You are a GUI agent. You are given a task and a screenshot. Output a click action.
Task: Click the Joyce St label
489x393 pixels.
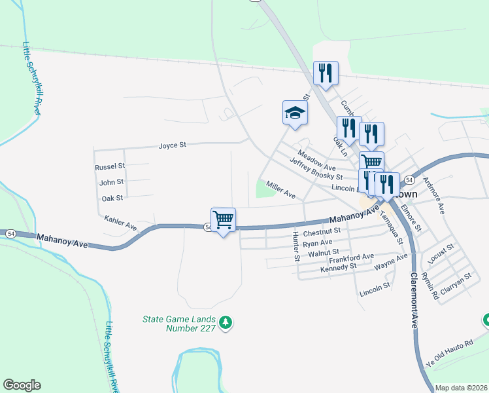173,145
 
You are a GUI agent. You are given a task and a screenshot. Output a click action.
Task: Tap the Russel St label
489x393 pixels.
110,167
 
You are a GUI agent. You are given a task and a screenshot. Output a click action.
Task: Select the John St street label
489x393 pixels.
111,181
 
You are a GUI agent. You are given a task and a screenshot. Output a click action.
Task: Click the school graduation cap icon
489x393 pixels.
295,113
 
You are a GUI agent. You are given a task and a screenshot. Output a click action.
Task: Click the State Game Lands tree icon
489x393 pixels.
226,322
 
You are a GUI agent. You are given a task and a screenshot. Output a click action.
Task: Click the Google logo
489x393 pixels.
22,385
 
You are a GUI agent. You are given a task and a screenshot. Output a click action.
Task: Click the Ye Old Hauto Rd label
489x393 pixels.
449,352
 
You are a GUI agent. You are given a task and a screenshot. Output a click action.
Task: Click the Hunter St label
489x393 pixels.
295,245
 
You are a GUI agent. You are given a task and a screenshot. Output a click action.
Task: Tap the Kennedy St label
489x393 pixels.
338,267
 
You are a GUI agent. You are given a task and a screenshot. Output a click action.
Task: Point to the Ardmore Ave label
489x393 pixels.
433,195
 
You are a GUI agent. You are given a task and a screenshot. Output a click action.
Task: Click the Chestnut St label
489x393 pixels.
322,231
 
